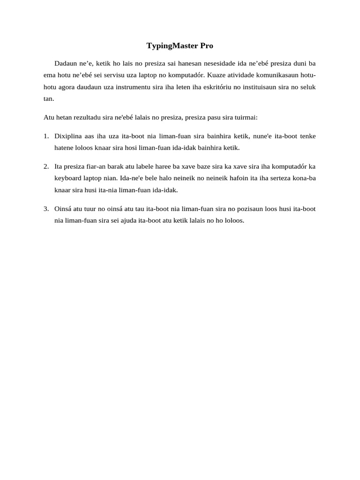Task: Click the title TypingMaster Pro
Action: point(180,45)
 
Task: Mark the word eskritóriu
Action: point(218,87)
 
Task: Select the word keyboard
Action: point(68,179)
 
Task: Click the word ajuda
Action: point(128,221)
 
